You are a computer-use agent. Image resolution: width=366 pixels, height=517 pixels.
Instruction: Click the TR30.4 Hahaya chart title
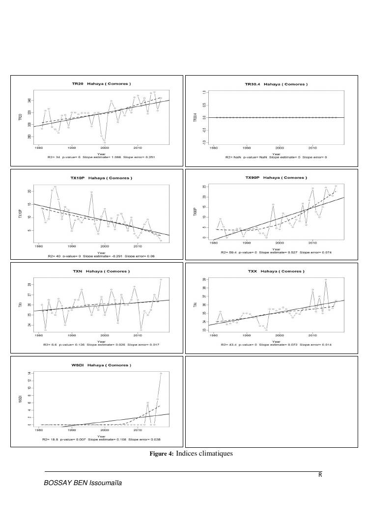tap(276, 84)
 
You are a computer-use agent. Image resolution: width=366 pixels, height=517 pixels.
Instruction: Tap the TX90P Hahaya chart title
tap(277, 177)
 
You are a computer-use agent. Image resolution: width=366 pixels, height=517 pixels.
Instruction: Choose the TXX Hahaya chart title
tap(276, 271)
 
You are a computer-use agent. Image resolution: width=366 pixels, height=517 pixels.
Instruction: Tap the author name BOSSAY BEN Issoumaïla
tap(83, 483)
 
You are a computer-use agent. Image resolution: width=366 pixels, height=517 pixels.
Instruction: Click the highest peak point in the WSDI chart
tap(161, 374)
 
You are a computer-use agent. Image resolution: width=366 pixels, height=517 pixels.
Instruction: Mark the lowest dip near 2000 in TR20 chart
tap(105, 142)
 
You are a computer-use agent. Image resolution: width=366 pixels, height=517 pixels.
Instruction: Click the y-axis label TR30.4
tap(196, 117)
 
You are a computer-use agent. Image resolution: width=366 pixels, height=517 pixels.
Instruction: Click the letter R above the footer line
tap(320, 475)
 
